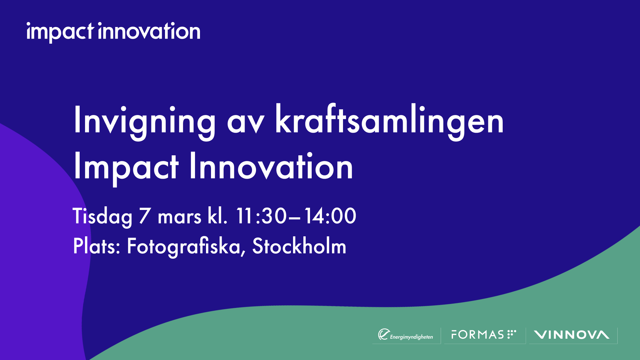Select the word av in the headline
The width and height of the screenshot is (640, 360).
tap(246, 123)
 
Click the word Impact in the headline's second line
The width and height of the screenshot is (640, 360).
tap(126, 168)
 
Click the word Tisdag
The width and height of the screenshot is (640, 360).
tap(102, 217)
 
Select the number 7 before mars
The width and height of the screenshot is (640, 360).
tap(145, 216)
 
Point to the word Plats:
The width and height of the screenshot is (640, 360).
tap(96, 246)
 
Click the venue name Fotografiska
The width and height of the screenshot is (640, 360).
tap(184, 247)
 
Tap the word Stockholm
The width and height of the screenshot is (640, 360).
tap(299, 246)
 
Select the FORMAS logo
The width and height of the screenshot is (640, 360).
tap(477, 335)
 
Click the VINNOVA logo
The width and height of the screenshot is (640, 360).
tap(571, 335)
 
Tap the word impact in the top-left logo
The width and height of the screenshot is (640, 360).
tap(60, 32)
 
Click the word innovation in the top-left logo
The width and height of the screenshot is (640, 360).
tap(149, 31)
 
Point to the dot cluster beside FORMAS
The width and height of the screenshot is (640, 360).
tap(511, 334)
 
